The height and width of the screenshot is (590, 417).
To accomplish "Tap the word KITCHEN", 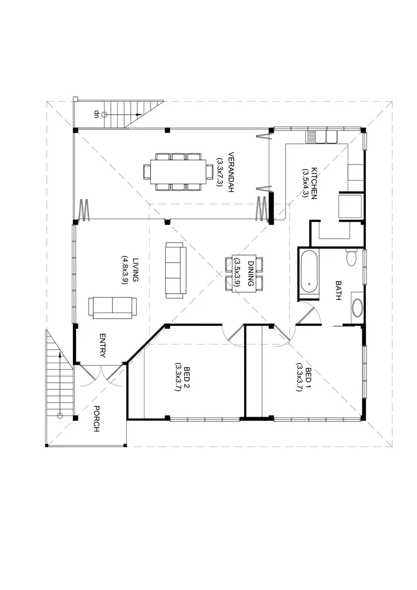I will point(314,183).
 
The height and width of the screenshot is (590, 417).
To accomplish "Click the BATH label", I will point(338,290).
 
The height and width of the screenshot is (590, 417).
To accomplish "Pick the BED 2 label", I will point(187,379).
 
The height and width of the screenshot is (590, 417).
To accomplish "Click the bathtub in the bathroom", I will point(309,271).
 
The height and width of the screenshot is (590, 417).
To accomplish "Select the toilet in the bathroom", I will point(351,259).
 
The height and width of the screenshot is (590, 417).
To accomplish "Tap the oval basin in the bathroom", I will point(356,309).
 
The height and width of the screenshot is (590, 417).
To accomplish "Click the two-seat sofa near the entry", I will point(113,308).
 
